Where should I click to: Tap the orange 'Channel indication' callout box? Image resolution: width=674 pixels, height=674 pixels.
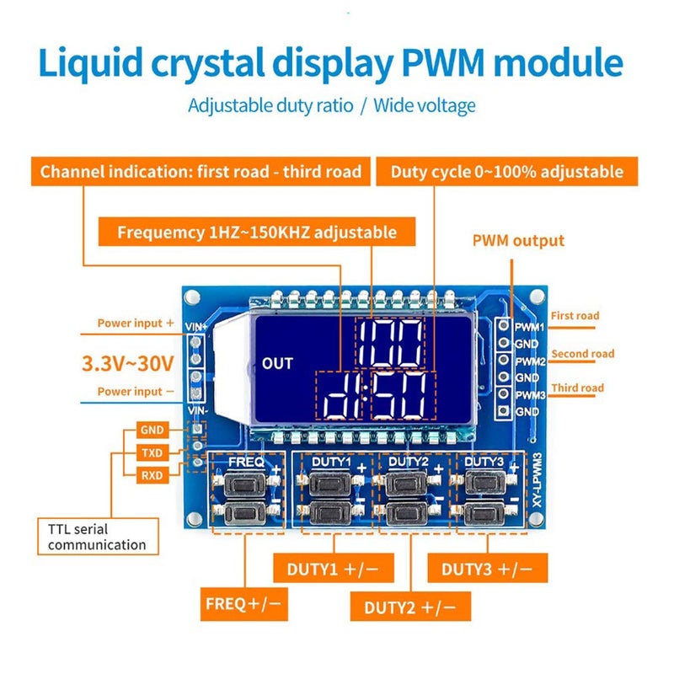(201, 172)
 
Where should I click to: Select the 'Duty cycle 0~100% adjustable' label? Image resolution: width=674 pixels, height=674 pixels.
(507, 172)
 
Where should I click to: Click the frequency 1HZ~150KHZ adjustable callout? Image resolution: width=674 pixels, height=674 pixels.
(257, 232)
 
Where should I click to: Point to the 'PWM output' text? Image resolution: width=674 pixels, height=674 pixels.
(518, 241)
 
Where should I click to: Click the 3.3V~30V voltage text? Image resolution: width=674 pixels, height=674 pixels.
(127, 364)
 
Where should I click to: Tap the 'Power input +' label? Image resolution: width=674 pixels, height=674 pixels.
(136, 323)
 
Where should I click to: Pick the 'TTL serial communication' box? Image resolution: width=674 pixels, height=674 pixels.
(97, 537)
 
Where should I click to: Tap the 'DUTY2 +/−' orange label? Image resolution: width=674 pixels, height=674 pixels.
(411, 606)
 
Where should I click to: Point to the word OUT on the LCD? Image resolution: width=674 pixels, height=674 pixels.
(277, 363)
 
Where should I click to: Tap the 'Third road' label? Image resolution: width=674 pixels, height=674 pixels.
(577, 388)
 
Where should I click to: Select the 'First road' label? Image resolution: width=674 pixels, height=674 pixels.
(575, 316)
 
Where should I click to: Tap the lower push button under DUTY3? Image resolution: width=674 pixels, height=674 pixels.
(482, 513)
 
